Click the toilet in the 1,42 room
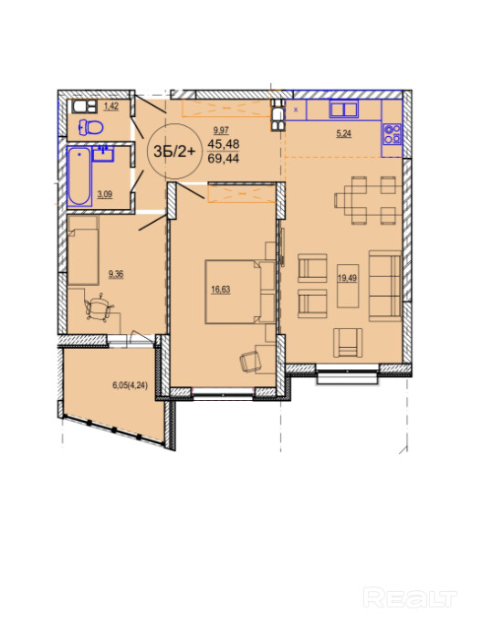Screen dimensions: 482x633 90,128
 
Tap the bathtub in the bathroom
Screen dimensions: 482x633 79,176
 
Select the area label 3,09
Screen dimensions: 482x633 105,195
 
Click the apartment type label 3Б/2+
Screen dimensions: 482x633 174,152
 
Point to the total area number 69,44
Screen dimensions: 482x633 224,158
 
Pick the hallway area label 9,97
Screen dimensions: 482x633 221,130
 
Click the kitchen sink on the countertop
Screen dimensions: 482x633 344,109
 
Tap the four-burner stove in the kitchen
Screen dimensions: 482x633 392,134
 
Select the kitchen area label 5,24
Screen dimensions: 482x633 343,133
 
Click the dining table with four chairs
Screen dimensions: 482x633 368,200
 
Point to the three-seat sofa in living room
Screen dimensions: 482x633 385,285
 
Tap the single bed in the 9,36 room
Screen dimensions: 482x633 83,250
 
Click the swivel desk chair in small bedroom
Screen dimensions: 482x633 98,308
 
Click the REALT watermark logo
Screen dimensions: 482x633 410,598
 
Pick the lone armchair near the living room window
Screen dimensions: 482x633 348,343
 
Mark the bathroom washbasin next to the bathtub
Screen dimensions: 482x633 104,153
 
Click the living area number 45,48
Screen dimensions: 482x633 224,143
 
